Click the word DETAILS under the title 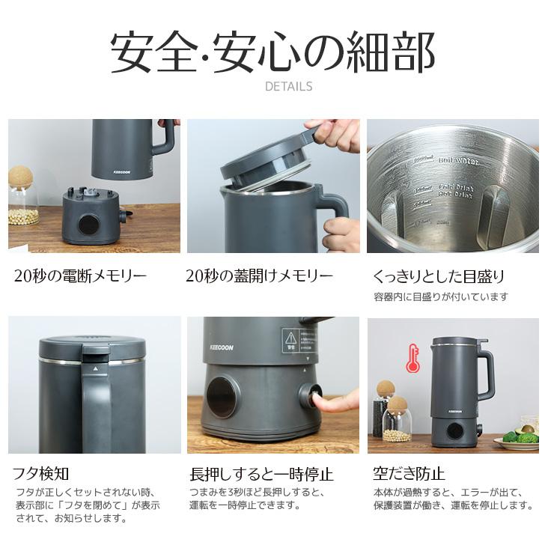pyautogui.click(x=288, y=86)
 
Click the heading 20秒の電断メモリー pyautogui.click(x=81, y=275)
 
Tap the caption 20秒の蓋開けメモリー pyautogui.click(x=259, y=275)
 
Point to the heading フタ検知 pyautogui.click(x=40, y=473)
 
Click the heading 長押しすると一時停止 pyautogui.click(x=262, y=473)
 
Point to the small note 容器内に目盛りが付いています pyautogui.click(x=441, y=297)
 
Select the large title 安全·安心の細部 pyautogui.click(x=272, y=52)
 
